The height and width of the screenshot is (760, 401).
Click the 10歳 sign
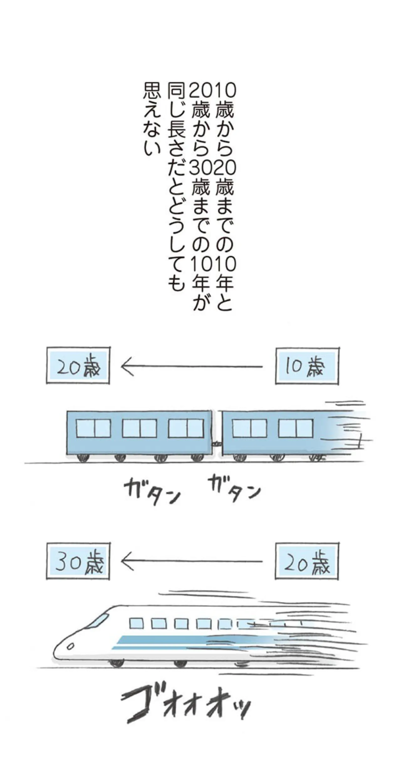(307, 366)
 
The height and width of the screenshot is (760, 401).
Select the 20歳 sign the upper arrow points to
(78, 365)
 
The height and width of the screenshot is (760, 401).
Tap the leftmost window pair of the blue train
(94, 428)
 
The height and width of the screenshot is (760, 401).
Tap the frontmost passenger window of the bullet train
(136, 624)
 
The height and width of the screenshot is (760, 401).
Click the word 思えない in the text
(152, 119)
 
